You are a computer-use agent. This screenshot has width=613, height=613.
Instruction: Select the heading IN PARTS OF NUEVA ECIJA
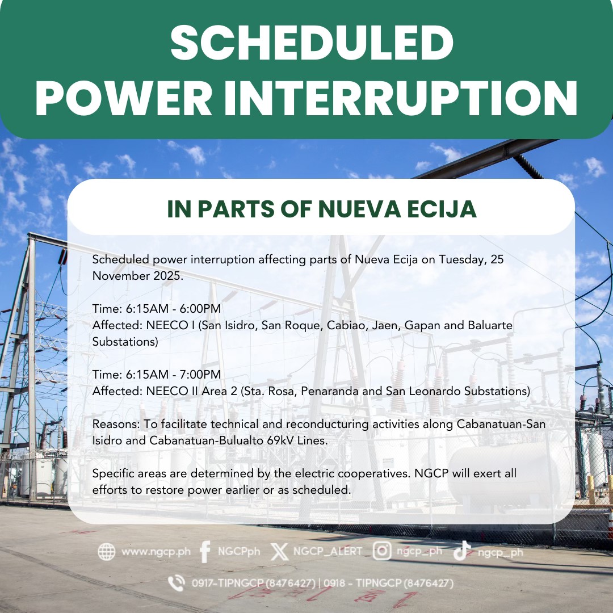point(322,209)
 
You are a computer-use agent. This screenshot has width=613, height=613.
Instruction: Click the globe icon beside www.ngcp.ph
point(106,552)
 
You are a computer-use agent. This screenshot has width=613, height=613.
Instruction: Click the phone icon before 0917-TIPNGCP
point(177,583)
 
